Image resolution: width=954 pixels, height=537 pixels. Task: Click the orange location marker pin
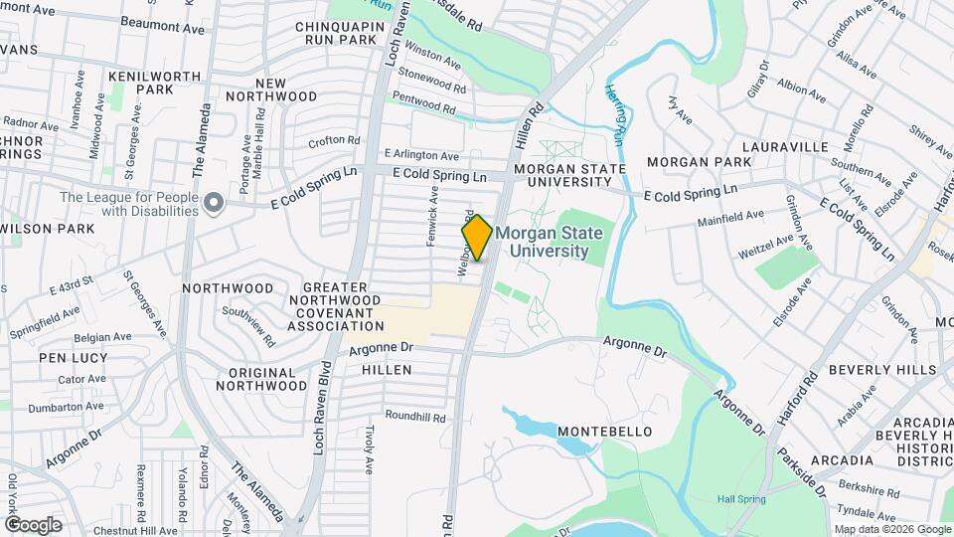477,238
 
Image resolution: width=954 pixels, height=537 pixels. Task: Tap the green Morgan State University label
550,242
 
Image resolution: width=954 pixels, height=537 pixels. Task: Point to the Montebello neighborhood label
604,432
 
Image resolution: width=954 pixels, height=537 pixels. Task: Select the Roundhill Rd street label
415,416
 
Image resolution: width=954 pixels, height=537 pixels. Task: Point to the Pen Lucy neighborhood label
66,357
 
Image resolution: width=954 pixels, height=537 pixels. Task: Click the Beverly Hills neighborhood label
882,370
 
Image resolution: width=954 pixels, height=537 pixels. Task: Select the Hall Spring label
741,498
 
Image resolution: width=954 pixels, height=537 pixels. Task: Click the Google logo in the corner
33,524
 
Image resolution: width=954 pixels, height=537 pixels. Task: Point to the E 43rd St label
71,287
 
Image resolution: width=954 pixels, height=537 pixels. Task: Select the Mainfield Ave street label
729,214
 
